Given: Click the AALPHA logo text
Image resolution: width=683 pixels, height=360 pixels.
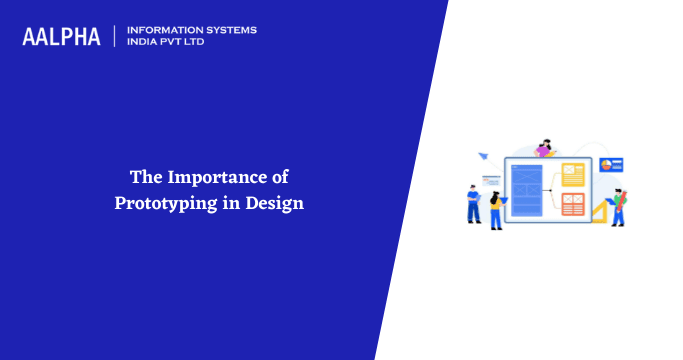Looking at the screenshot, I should (61, 37).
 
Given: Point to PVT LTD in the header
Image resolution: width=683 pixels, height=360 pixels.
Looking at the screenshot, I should (186, 43).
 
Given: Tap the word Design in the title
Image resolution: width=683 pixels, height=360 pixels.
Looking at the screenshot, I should (279, 202).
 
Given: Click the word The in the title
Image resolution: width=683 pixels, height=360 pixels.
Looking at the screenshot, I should (146, 178).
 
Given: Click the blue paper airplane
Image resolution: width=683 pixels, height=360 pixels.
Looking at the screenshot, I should (482, 156).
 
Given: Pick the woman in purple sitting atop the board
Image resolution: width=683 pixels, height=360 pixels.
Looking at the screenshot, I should (544, 149).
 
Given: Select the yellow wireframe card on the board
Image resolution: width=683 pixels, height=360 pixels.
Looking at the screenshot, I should (573, 175).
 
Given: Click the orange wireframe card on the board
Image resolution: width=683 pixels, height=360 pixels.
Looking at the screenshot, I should (573, 204).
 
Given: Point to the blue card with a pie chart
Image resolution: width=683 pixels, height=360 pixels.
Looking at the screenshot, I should (612, 164).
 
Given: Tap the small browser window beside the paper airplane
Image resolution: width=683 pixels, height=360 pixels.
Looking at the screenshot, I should (491, 179).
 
